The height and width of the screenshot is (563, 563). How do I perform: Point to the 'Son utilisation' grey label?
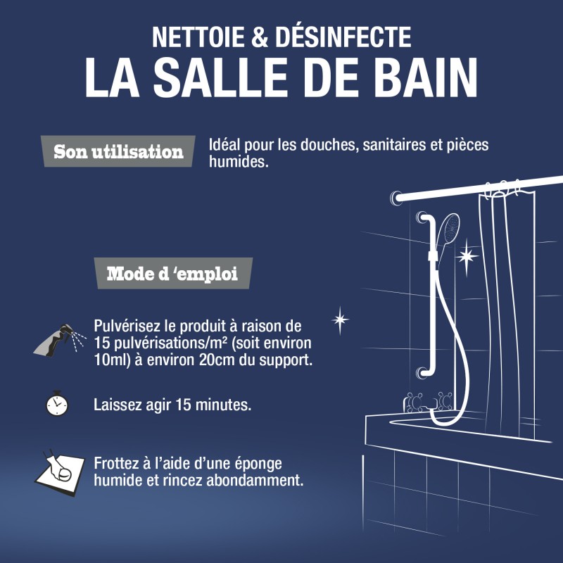[119, 151]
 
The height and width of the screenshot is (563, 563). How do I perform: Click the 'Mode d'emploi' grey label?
[172, 274]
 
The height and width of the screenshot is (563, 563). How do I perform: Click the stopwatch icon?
[57, 404]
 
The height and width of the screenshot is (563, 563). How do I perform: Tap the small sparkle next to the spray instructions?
[340, 320]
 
